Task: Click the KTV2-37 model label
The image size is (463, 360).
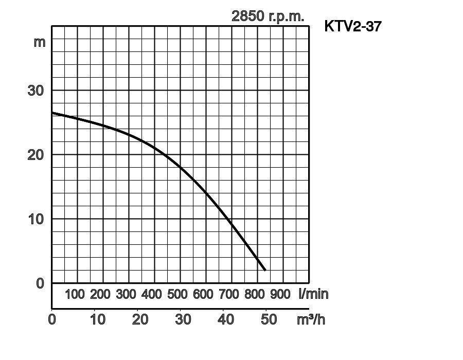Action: (x=353, y=26)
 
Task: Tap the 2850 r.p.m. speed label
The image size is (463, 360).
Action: (x=268, y=16)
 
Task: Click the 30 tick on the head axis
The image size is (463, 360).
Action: (x=35, y=91)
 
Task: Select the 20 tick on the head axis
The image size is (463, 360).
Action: (x=35, y=155)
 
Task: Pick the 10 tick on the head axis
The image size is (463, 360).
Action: (x=35, y=219)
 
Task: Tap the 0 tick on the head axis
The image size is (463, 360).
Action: (x=40, y=283)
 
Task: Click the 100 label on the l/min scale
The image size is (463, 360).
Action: (x=75, y=295)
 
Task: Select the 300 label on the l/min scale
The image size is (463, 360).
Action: (x=126, y=295)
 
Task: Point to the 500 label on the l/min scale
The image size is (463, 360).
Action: (x=177, y=295)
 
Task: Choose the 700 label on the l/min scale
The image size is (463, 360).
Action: (x=229, y=295)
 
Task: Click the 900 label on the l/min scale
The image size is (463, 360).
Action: (x=280, y=295)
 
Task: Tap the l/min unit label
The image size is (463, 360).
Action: (x=313, y=294)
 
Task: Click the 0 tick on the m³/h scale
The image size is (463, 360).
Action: (x=52, y=319)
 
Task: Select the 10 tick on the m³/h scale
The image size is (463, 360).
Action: (x=98, y=319)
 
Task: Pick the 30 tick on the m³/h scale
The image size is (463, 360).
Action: (x=183, y=319)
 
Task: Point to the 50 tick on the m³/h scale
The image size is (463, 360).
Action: (x=269, y=319)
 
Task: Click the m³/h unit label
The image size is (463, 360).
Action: (x=311, y=319)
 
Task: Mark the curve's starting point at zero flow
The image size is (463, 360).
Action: (x=52, y=113)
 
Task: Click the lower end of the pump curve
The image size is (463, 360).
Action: (x=265, y=269)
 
